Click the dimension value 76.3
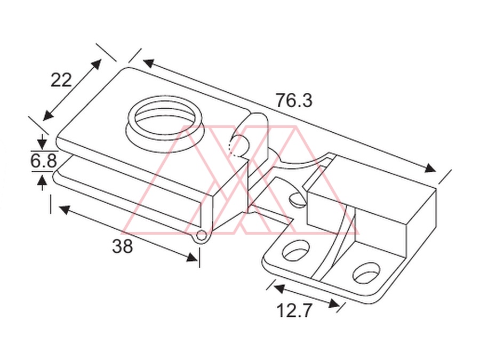click(x=294, y=100)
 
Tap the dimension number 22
click(x=61, y=80)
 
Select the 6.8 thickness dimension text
click(x=44, y=161)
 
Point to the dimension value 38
click(x=123, y=246)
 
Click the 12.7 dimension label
click(x=294, y=310)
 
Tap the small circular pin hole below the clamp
click(x=201, y=235)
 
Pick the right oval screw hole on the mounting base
click(x=366, y=272)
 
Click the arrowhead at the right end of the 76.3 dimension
click(x=430, y=169)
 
